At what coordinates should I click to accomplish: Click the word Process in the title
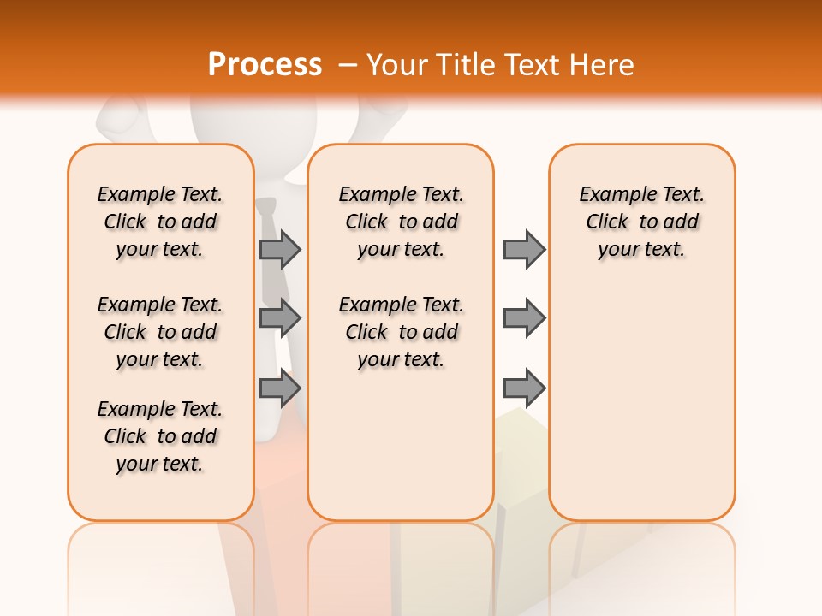pyautogui.click(x=265, y=64)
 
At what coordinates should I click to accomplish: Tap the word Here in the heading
pyautogui.click(x=603, y=64)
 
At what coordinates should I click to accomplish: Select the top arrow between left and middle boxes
pyautogui.click(x=280, y=249)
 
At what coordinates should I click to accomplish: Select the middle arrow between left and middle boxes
pyautogui.click(x=280, y=318)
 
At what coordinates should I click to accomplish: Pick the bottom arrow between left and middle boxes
pyautogui.click(x=280, y=388)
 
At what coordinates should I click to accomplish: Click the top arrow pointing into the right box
pyautogui.click(x=524, y=249)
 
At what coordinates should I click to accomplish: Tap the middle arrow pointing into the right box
pyautogui.click(x=524, y=318)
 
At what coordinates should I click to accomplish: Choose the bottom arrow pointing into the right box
pyautogui.click(x=524, y=388)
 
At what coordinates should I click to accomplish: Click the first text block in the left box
pyautogui.click(x=160, y=222)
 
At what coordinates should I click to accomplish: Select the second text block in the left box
pyautogui.click(x=160, y=332)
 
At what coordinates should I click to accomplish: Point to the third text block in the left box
pyautogui.click(x=160, y=436)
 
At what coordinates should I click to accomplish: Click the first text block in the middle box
pyautogui.click(x=401, y=222)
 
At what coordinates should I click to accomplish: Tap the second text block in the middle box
pyautogui.click(x=401, y=332)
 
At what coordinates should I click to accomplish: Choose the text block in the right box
pyautogui.click(x=641, y=222)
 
